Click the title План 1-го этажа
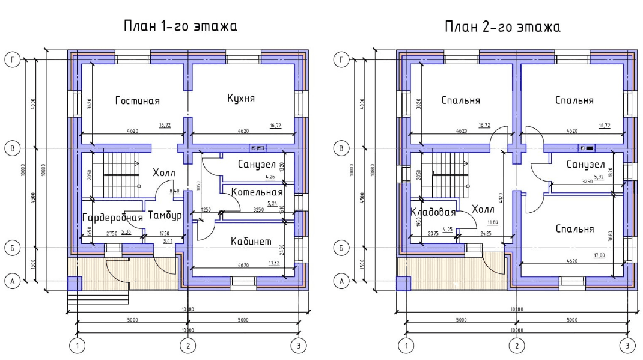click(180, 27)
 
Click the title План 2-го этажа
click(502, 27)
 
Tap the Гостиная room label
click(141, 100)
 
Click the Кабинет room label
click(251, 241)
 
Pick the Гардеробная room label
click(112, 217)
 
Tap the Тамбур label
click(165, 215)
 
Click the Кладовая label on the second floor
click(433, 212)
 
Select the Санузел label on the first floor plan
click(257, 164)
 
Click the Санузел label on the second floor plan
click(585, 164)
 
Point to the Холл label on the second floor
click(483, 209)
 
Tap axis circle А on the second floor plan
click(341, 281)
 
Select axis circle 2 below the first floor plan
click(188, 346)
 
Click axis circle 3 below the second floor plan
click(627, 346)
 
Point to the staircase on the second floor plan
click(445, 174)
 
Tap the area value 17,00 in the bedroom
click(599, 255)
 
